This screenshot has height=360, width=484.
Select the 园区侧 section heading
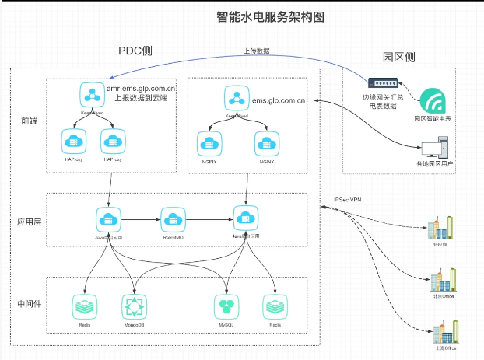click(x=398, y=58)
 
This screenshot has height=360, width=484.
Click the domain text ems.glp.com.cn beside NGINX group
click(x=277, y=100)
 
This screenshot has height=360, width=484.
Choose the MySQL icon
click(x=226, y=305)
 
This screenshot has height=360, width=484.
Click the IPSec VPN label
click(x=347, y=200)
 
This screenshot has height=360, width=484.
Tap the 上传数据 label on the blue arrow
click(x=257, y=51)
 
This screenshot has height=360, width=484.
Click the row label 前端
click(x=29, y=121)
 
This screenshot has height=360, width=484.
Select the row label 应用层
click(x=29, y=221)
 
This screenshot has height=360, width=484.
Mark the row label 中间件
click(x=29, y=302)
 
